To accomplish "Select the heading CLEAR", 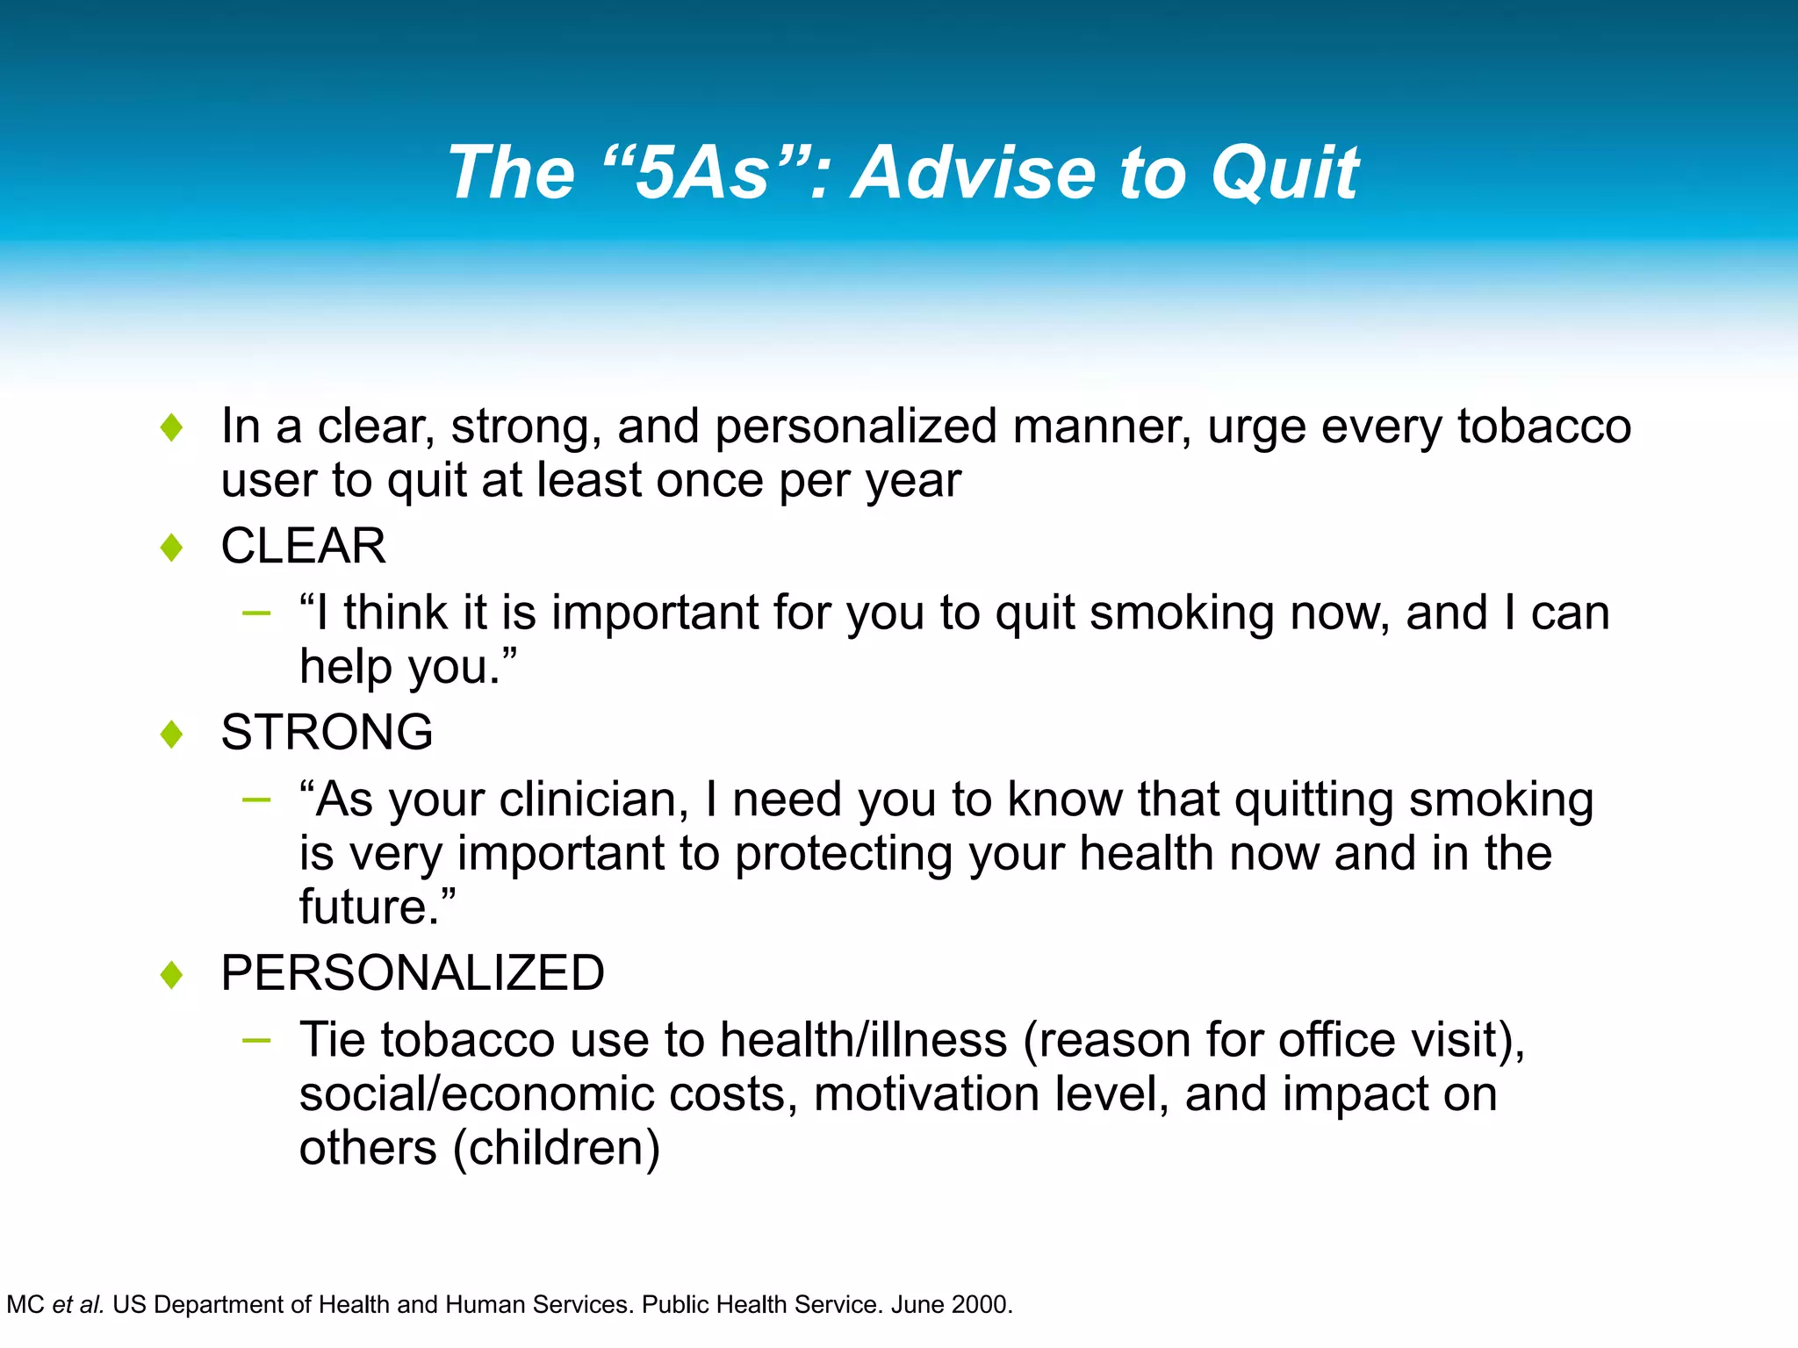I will pyautogui.click(x=303, y=546).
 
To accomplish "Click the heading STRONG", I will pyautogui.click(x=327, y=732).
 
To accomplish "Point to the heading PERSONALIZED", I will pyautogui.click(x=413, y=972).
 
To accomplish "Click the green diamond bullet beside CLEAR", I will pyautogui.click(x=172, y=548).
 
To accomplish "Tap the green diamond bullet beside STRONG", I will pyautogui.click(x=172, y=734).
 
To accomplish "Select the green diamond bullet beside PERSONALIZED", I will pyautogui.click(x=172, y=974).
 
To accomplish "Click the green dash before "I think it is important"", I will pyautogui.click(x=256, y=613).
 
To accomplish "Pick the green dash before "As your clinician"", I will pyautogui.click(x=256, y=799).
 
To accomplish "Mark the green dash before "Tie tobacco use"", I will pyautogui.click(x=256, y=1041).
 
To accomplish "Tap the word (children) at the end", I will pyautogui.click(x=556, y=1148).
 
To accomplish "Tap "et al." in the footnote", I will pyautogui.click(x=79, y=1305).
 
